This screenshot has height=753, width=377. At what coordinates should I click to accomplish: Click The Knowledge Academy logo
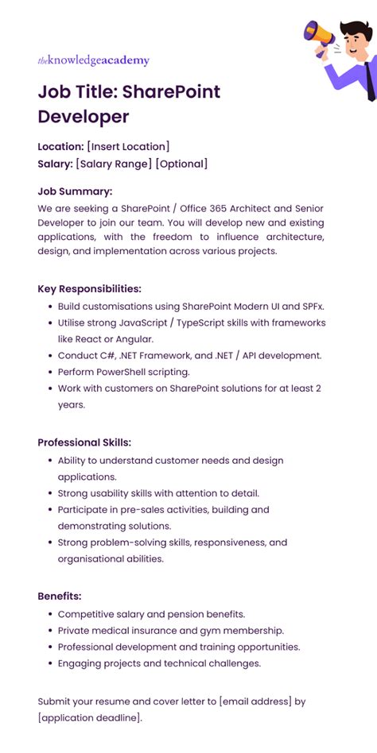coord(93,60)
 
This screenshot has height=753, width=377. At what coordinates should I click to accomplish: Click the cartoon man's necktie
coord(370,76)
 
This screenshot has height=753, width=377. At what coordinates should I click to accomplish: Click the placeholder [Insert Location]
coord(128,146)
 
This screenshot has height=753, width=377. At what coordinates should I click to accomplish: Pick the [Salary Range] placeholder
coord(114,164)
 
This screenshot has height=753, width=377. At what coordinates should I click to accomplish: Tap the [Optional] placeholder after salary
coord(181,164)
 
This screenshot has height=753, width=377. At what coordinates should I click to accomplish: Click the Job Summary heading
coord(75,191)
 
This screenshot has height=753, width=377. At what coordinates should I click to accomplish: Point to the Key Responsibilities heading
coord(89,288)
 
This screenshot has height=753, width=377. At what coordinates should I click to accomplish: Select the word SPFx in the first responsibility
coord(312,306)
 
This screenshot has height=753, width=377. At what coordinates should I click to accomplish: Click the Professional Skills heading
coord(84,442)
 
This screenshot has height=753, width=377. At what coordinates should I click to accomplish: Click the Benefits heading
coord(60,596)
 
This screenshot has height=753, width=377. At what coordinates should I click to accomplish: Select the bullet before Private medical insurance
coord(49,631)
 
